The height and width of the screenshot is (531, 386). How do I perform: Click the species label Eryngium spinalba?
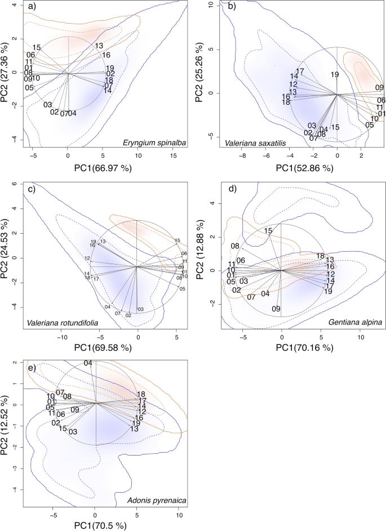pos(154,143)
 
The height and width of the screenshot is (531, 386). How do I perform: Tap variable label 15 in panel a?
pos(37,47)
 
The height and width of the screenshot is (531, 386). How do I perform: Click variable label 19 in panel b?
pos(335,74)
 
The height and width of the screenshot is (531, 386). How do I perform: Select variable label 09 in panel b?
pos(379,87)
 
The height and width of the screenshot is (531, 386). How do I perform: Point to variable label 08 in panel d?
pos(235,246)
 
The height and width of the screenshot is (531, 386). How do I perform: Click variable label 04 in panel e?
pos(88,363)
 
